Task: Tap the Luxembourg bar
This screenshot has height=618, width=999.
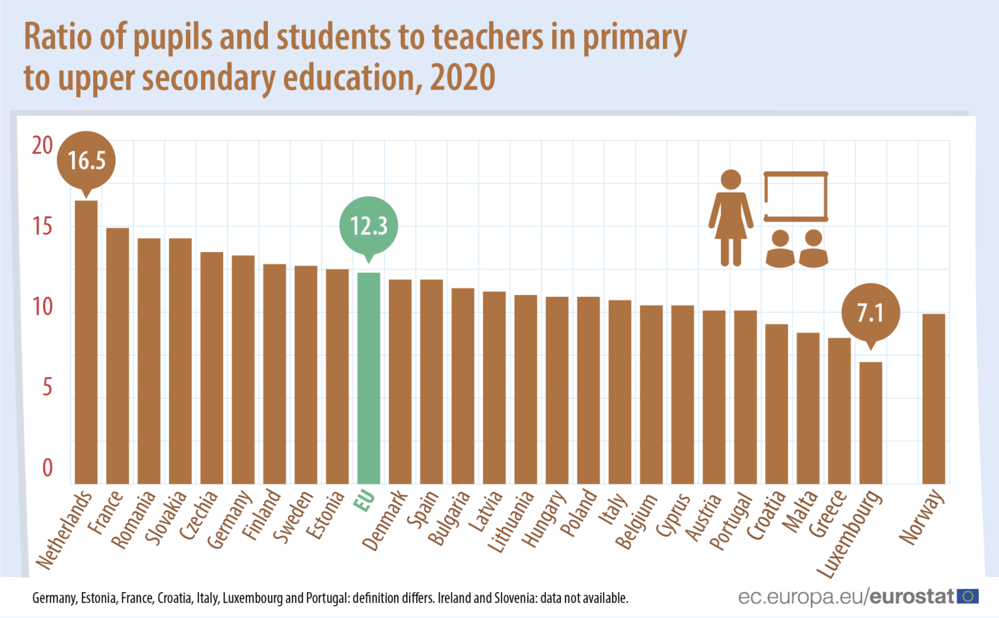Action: tap(871, 422)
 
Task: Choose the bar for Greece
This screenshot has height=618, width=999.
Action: tap(839, 411)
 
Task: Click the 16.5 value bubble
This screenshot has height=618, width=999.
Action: tap(87, 160)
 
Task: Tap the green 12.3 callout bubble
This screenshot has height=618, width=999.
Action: tap(369, 225)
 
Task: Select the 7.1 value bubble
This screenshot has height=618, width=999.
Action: tap(871, 313)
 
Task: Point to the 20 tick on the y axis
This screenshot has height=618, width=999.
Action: tap(42, 146)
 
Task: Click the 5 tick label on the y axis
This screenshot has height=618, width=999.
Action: tap(47, 388)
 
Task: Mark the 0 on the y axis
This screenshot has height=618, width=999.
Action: tap(47, 468)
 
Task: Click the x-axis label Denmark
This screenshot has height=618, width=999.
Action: tap(384, 521)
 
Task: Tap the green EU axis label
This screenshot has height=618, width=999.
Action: tap(364, 501)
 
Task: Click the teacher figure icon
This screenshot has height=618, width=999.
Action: tap(731, 218)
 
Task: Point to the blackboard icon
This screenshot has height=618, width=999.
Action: tap(795, 196)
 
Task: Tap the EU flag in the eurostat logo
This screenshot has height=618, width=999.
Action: tap(968, 596)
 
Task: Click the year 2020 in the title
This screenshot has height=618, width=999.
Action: tap(462, 78)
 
